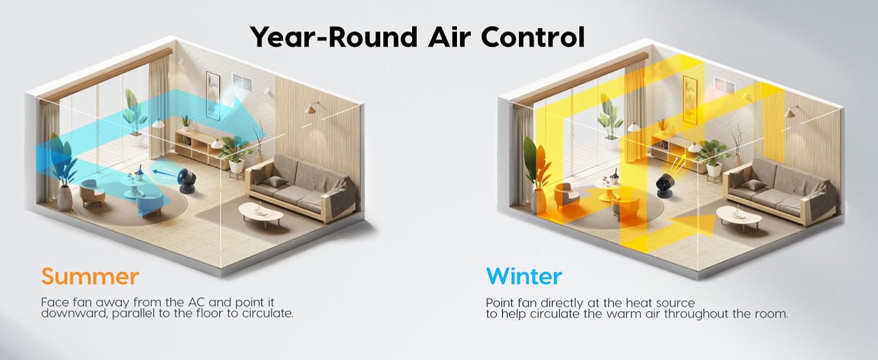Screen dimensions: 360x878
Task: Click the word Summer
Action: click(90, 277)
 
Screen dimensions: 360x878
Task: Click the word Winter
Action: click(524, 277)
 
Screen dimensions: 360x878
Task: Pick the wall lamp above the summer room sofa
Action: click(311, 108)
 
